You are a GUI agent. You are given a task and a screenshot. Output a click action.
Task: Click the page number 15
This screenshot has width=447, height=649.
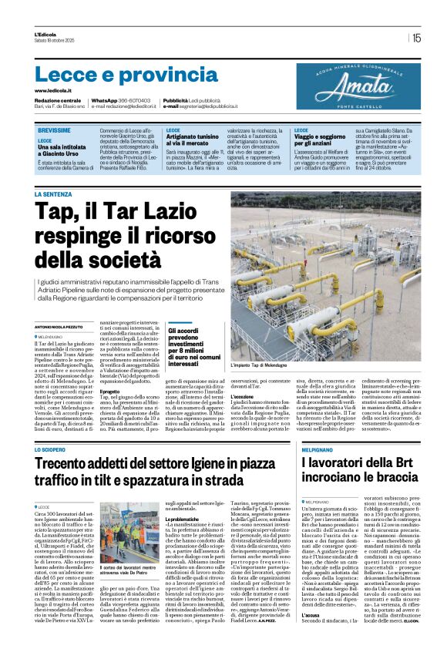tap(416, 37)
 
